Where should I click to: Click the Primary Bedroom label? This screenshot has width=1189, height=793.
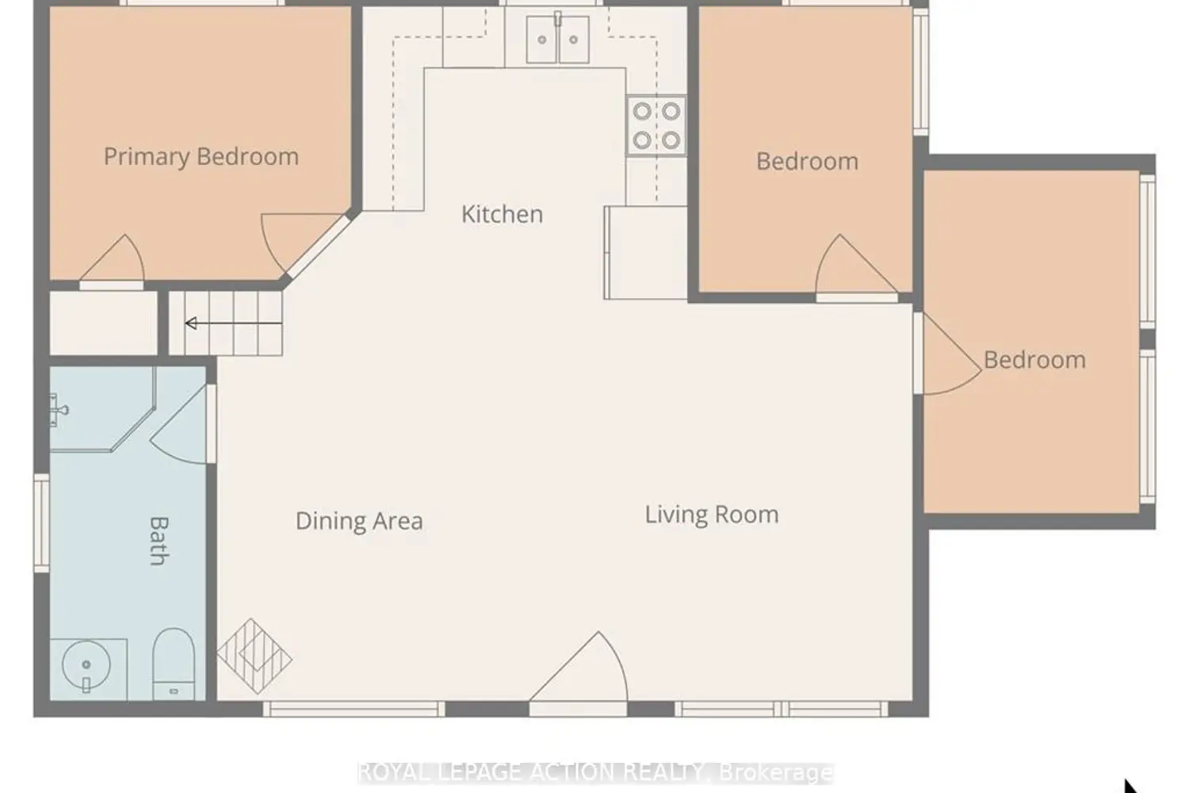click(201, 157)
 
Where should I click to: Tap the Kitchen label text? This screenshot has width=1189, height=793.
click(502, 214)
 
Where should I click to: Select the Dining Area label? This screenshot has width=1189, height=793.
click(359, 521)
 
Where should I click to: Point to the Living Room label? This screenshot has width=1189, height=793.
click(712, 515)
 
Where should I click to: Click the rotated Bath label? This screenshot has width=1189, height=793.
click(159, 541)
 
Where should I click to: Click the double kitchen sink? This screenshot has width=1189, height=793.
click(558, 40)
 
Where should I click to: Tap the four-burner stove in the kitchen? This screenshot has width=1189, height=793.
click(656, 126)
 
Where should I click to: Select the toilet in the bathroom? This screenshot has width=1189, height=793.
click(174, 664)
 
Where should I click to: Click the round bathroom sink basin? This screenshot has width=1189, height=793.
click(86, 665)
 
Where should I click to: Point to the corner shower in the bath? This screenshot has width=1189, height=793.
click(101, 409)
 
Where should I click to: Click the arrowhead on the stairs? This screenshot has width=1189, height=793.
click(191, 323)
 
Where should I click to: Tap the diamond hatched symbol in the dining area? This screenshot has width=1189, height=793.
click(254, 657)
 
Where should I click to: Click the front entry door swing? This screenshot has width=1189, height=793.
click(579, 670)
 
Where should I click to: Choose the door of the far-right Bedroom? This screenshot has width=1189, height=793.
click(950, 354)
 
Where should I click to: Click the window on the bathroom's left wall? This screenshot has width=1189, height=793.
click(42, 523)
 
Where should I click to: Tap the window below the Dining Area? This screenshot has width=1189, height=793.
click(354, 709)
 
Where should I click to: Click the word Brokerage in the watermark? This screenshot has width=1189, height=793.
click(775, 773)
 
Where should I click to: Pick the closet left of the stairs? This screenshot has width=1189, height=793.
click(104, 324)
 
